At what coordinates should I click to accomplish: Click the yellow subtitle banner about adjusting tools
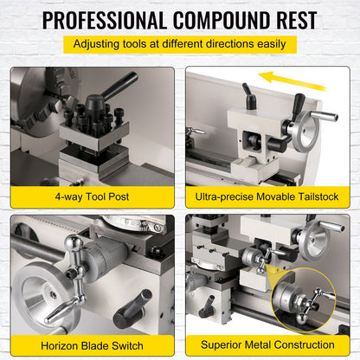pyautogui.click(x=179, y=44)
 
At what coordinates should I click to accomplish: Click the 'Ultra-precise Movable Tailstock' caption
pyautogui.click(x=267, y=196)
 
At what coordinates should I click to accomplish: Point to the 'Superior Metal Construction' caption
pyautogui.click(x=267, y=341)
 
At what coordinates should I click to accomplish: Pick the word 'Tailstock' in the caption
pyautogui.click(x=313, y=196)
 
